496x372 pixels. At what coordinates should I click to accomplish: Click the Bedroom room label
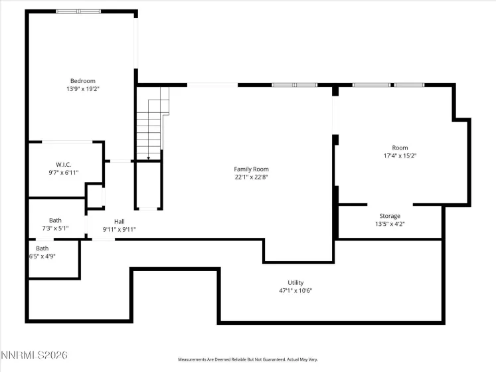pyautogui.click(x=82, y=81)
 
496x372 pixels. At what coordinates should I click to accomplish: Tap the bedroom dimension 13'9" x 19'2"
pyautogui.click(x=82, y=89)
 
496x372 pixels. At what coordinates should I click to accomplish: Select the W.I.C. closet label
pyautogui.click(x=64, y=164)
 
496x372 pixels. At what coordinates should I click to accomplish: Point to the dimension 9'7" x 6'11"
pyautogui.click(x=64, y=172)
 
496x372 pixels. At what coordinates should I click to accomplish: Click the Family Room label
pyautogui.click(x=251, y=169)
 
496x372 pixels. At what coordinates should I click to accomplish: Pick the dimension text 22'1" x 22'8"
pyautogui.click(x=251, y=177)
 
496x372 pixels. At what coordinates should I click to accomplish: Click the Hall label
pyautogui.click(x=120, y=221)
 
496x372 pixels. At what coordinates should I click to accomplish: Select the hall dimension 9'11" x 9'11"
pyautogui.click(x=120, y=229)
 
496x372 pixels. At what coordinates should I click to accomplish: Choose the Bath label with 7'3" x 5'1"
pyautogui.click(x=55, y=221)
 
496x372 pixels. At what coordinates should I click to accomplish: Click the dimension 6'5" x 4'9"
pyautogui.click(x=42, y=256)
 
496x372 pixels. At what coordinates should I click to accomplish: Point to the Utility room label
pyautogui.click(x=295, y=282)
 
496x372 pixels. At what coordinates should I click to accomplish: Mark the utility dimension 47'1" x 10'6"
pyautogui.click(x=295, y=290)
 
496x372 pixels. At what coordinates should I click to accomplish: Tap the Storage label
pyautogui.click(x=390, y=216)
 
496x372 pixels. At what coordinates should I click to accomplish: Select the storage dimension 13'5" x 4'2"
pyautogui.click(x=390, y=224)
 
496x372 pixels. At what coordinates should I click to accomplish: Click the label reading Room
pyautogui.click(x=400, y=147)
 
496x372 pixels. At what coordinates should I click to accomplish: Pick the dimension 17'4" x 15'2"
pyautogui.click(x=400, y=155)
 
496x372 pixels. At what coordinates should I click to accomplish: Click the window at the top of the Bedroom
pyautogui.click(x=78, y=11)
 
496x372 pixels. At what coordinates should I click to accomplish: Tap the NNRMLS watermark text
pyautogui.click(x=35, y=356)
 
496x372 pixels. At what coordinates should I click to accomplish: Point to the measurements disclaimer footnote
pyautogui.click(x=247, y=359)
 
